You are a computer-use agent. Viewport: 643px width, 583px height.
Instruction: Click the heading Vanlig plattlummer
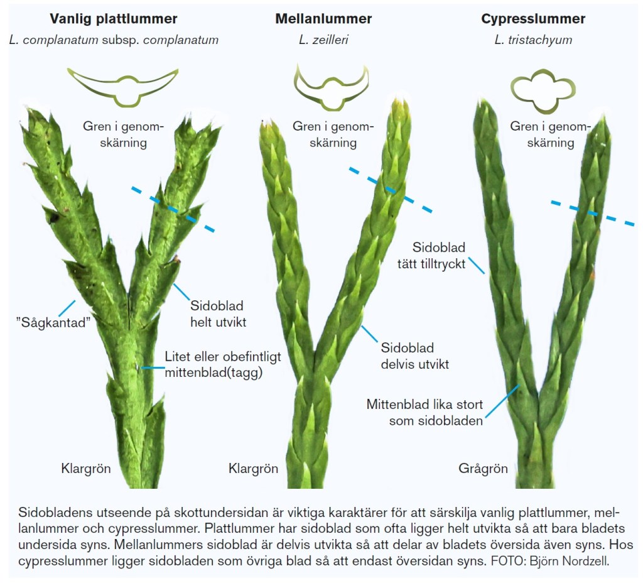[x=114, y=19]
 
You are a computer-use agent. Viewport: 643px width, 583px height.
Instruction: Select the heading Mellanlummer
[x=323, y=19]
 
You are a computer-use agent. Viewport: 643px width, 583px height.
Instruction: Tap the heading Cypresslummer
[x=533, y=19]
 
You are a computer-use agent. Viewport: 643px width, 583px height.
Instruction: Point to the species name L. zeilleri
[x=323, y=41]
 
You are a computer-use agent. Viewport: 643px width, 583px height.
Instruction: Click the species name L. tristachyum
[x=533, y=41]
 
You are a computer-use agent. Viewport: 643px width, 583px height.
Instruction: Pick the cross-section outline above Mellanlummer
[x=331, y=85]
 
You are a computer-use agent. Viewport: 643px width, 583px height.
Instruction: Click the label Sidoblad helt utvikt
[x=217, y=314]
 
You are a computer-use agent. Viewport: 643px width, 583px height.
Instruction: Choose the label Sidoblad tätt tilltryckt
[x=438, y=255]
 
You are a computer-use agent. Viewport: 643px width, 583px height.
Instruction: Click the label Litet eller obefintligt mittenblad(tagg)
[x=223, y=364]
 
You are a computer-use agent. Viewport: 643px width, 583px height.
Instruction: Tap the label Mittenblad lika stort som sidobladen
[x=424, y=412]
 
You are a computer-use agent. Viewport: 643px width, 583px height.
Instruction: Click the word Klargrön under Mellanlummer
[x=253, y=469]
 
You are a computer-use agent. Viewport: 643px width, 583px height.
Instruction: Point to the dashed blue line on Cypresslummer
[x=592, y=212]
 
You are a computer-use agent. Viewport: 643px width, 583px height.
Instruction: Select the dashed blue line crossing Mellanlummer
[x=390, y=188]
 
